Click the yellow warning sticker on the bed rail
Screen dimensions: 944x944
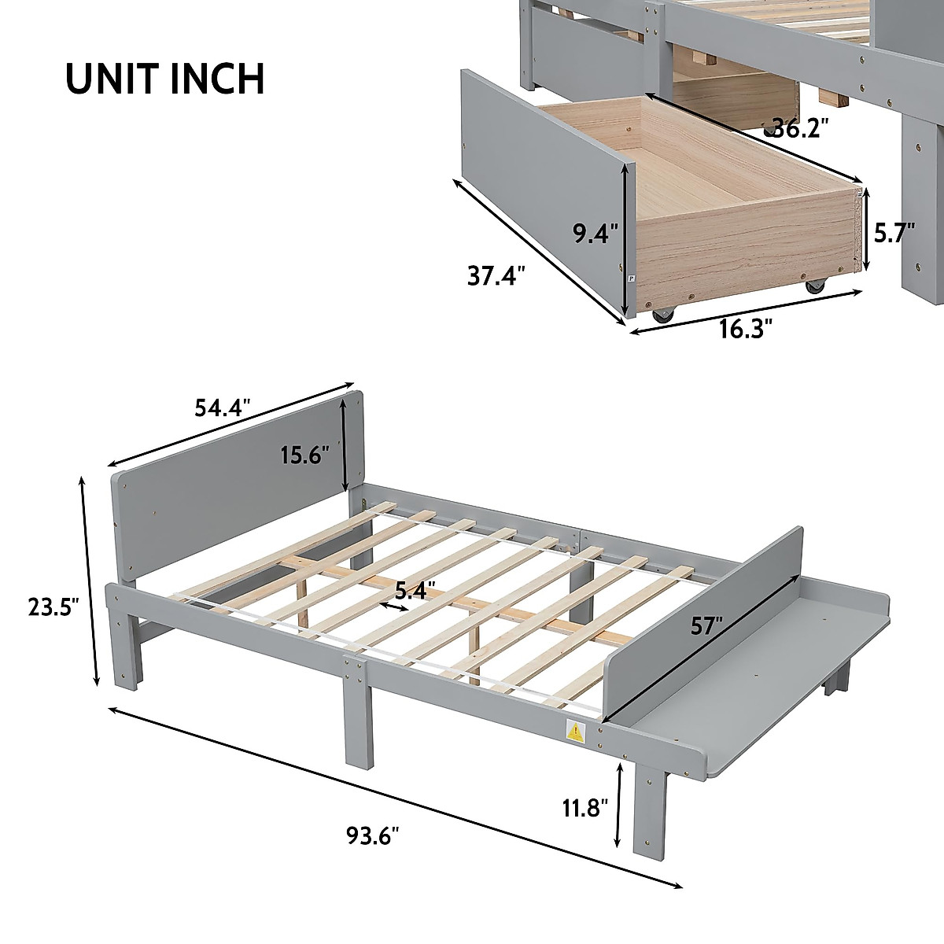577,732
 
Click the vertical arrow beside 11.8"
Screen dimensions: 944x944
621,804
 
